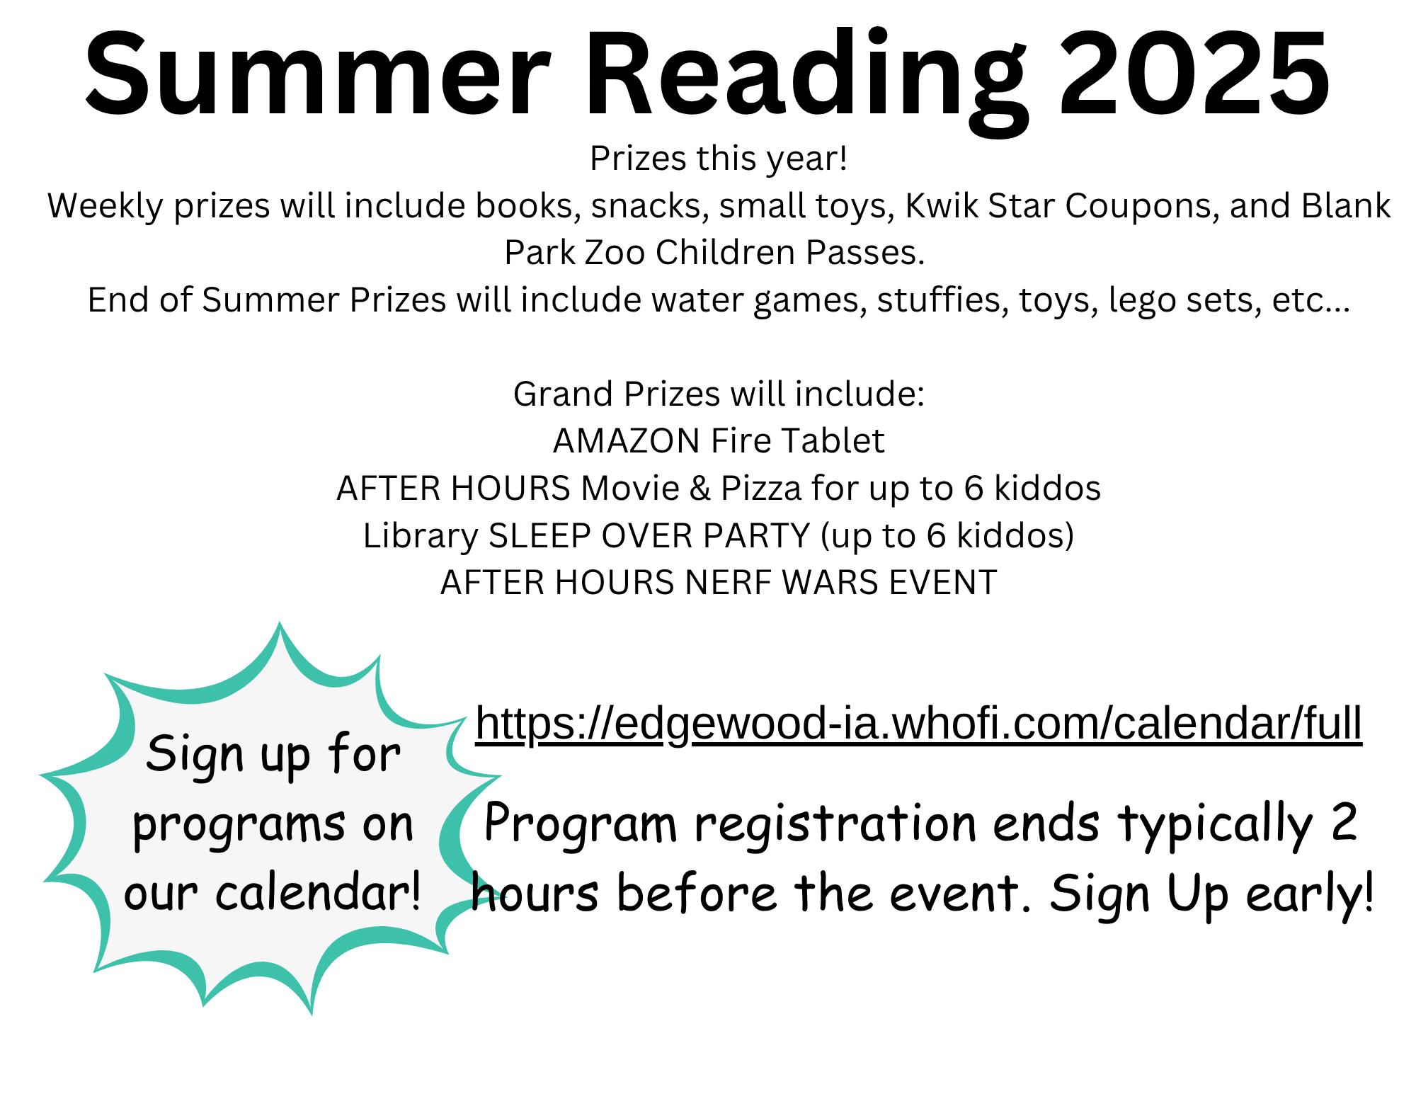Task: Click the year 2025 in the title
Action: (x=1194, y=74)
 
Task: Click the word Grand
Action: (x=563, y=394)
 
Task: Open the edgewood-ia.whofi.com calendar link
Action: (x=918, y=724)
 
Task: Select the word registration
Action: (x=835, y=825)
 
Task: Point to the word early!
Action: (x=1310, y=894)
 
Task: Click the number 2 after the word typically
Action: (x=1343, y=822)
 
